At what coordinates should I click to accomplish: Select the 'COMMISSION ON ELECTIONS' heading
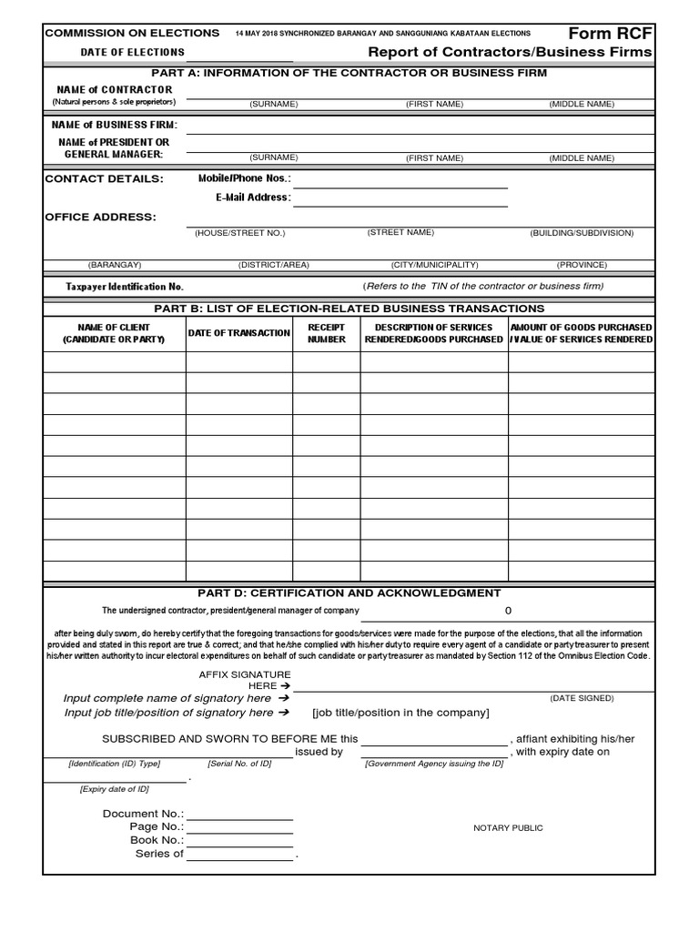coord(132,33)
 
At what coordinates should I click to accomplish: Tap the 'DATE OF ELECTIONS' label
coord(132,53)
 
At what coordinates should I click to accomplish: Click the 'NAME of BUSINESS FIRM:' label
coord(115,125)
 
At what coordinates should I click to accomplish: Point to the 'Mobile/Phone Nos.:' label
coord(244,178)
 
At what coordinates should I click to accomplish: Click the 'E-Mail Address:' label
coord(253,198)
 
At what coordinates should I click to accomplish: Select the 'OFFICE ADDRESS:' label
coord(100,217)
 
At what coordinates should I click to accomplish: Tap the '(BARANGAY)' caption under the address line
coord(114,265)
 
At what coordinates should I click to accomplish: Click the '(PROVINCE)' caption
coord(582,265)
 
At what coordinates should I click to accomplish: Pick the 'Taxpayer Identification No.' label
coord(125,287)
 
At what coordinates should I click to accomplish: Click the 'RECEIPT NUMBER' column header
coord(327,333)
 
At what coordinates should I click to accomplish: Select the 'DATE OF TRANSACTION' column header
coord(239,333)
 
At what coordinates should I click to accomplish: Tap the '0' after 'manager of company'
coord(508,611)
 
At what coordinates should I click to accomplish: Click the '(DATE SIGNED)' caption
coord(582,698)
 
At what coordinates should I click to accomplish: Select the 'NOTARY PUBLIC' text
coord(508,828)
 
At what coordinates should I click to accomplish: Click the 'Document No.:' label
coord(144,813)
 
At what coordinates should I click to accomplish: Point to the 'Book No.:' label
coord(157,840)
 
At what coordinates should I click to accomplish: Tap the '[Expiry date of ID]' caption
coord(114,788)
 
